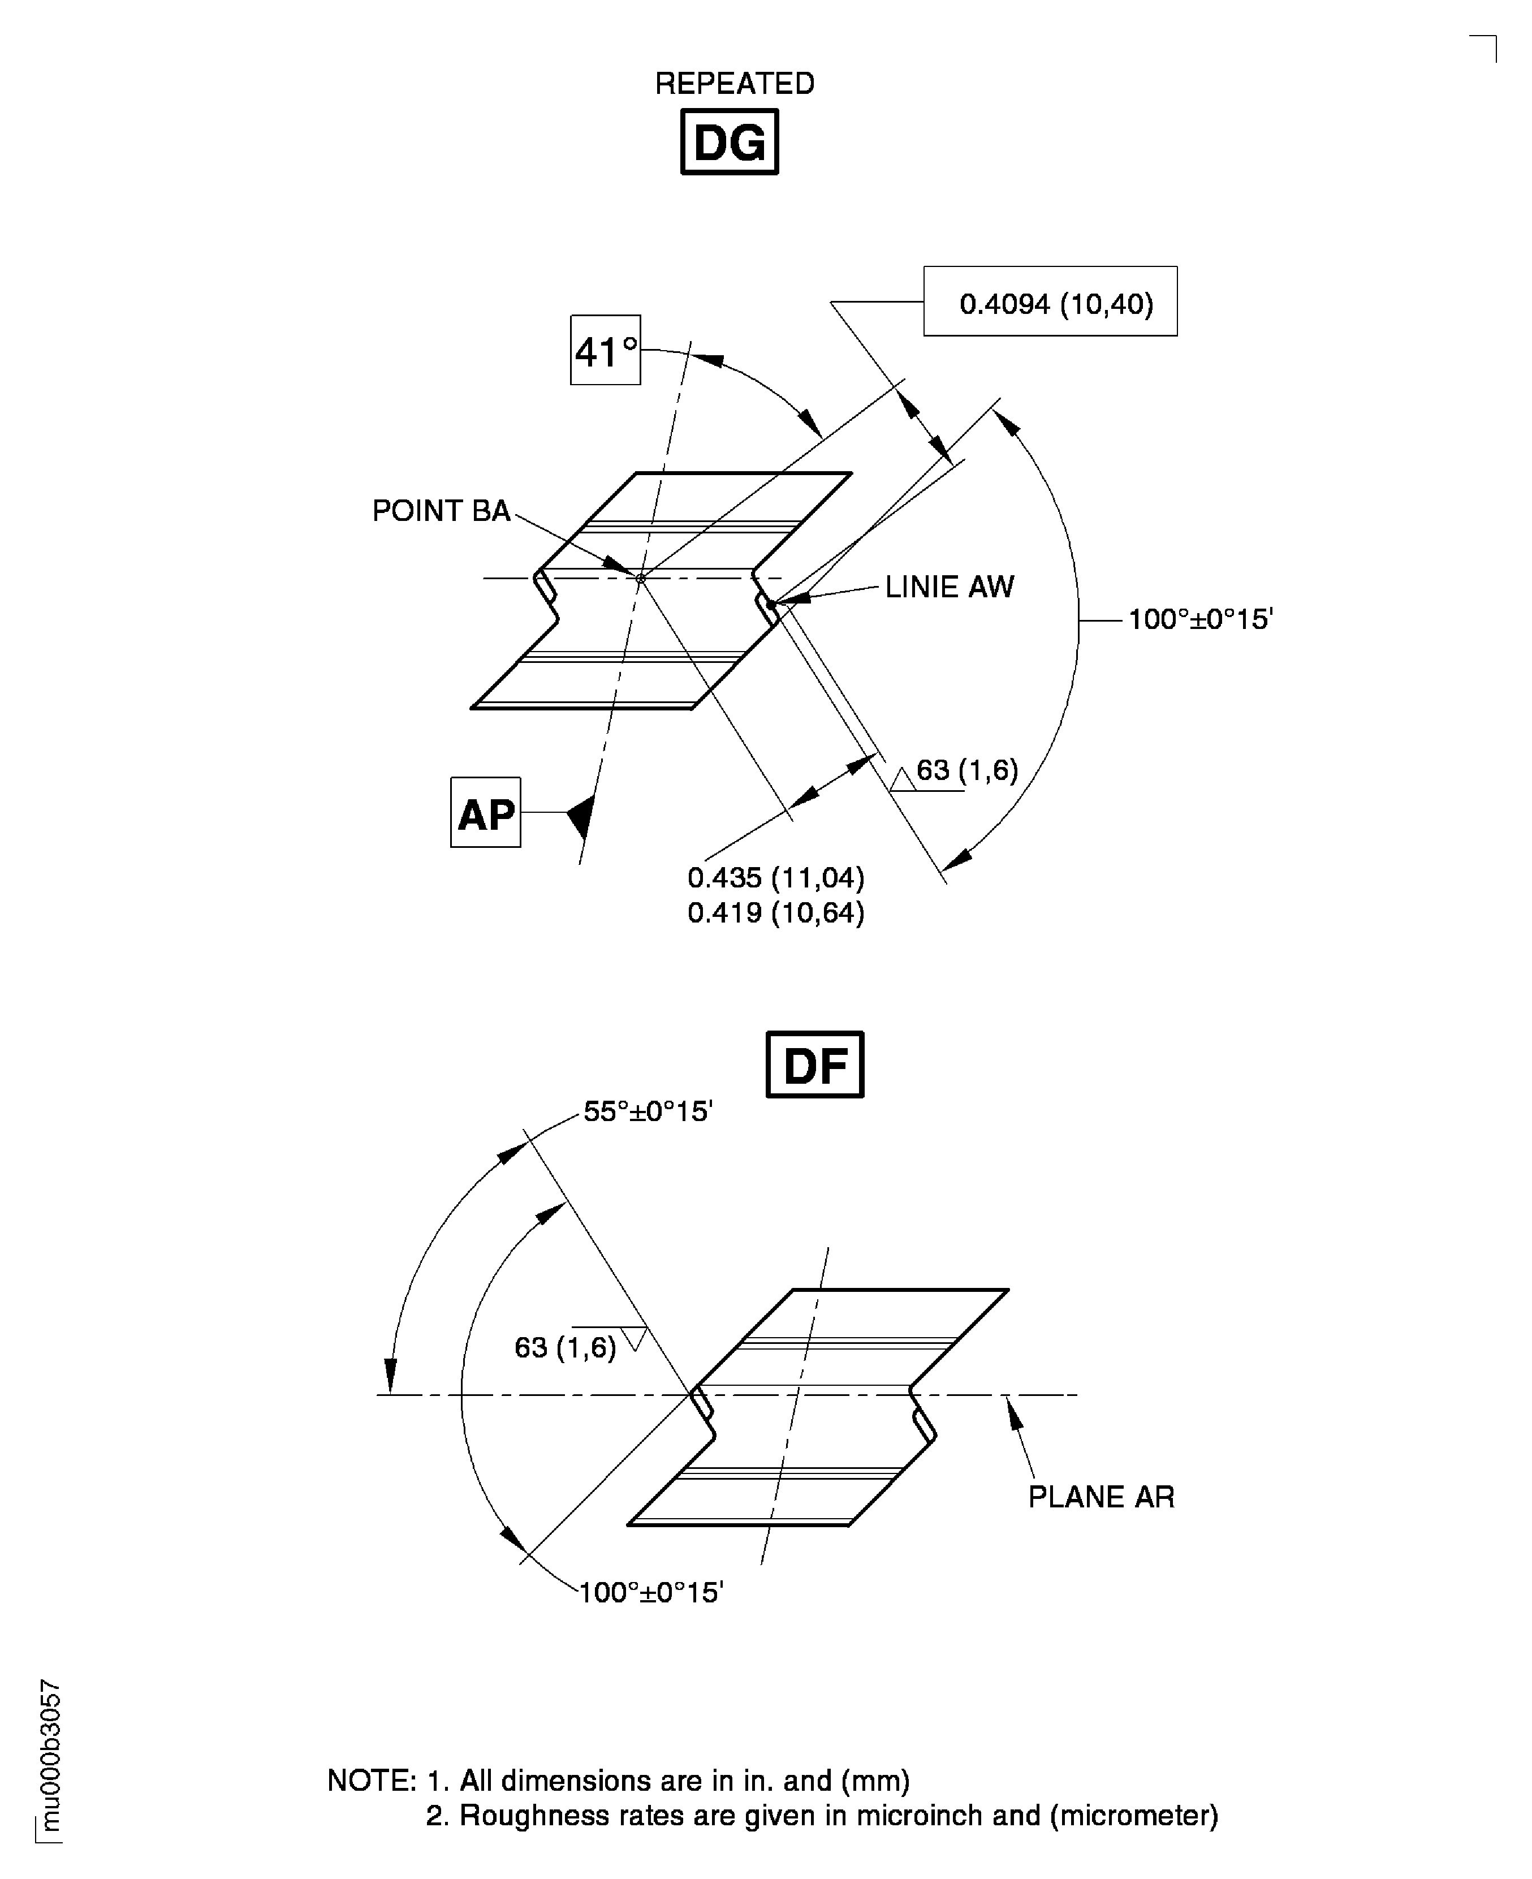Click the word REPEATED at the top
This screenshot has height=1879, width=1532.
click(734, 84)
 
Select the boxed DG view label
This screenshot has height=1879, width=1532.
click(729, 142)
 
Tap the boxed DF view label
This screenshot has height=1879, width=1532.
click(814, 1065)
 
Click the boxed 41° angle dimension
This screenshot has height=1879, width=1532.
click(605, 350)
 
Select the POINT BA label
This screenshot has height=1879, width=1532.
click(441, 511)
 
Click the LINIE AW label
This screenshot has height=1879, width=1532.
click(950, 587)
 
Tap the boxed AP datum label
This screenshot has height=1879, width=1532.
click(485, 813)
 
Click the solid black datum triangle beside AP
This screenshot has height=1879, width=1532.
click(580, 814)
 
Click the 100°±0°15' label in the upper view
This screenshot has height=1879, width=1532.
click(1200, 619)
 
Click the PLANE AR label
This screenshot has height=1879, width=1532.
click(1101, 1498)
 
